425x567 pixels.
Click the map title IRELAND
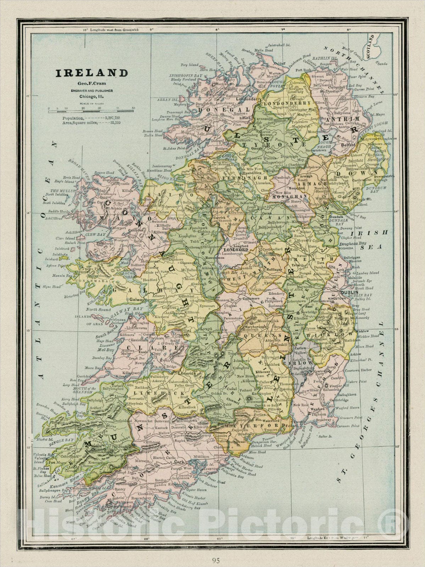pos(91,73)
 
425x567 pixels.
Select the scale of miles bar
pos(91,112)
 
